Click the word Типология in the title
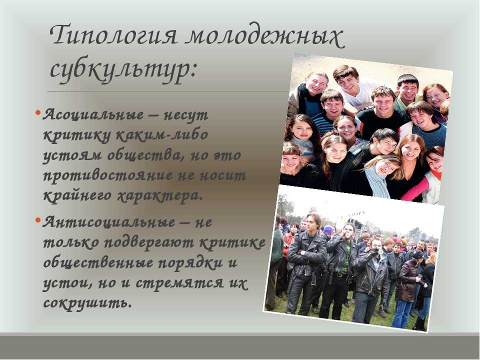(x=113, y=36)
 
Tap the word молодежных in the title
(x=265, y=36)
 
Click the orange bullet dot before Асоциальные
(x=38, y=112)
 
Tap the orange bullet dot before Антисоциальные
(x=38, y=220)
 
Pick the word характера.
(x=160, y=196)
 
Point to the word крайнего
(x=78, y=196)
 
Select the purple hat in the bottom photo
(x=328, y=229)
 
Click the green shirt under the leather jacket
(x=344, y=257)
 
